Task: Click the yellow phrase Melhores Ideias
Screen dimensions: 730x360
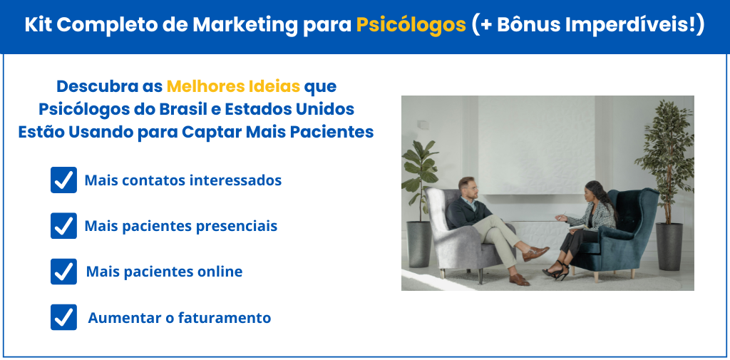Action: (233, 86)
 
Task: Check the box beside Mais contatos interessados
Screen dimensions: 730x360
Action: (63, 180)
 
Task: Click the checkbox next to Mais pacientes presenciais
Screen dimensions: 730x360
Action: (63, 226)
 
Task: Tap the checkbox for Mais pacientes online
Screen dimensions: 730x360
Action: (63, 272)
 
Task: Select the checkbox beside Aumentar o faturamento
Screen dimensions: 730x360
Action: (63, 317)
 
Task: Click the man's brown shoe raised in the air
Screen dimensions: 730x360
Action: (535, 253)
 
